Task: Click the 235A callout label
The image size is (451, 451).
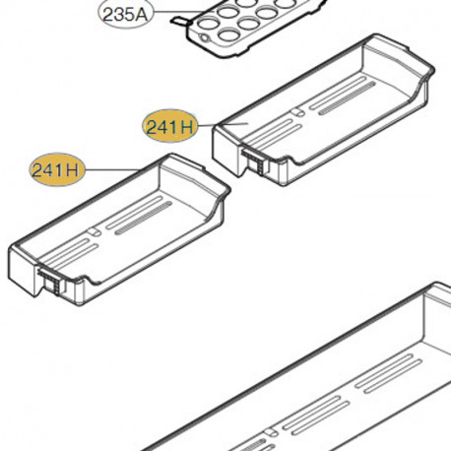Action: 126,14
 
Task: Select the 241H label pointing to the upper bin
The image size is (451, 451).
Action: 170,126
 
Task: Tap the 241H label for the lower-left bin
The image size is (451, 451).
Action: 57,169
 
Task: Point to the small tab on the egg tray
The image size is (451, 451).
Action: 180,21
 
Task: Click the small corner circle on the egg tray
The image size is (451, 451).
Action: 204,37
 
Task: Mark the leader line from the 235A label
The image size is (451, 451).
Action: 179,12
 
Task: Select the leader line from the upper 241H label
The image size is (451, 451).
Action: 223,125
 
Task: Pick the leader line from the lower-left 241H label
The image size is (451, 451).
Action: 112,169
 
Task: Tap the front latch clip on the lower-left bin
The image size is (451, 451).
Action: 50,281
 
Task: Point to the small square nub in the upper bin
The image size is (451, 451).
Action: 298,112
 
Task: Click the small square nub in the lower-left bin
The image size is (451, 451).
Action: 95,231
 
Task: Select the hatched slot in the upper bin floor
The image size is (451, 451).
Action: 347,97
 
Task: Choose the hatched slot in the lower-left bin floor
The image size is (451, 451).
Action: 144,219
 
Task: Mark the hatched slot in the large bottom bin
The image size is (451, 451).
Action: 253,445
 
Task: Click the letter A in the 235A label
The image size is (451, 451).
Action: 141,15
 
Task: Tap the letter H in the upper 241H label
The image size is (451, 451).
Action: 186,127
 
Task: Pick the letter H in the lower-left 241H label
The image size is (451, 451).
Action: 73,170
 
